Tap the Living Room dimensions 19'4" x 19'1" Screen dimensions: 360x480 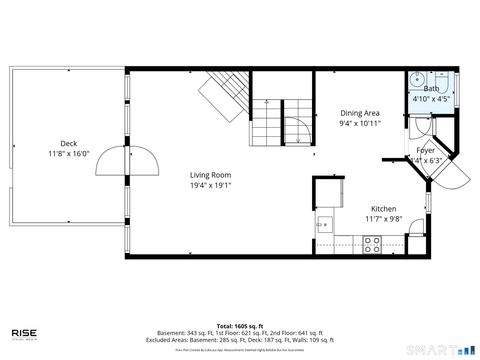[x=211, y=185]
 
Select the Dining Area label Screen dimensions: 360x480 [x=359, y=114]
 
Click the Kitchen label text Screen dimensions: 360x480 [x=383, y=208]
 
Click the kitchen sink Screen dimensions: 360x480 [x=322, y=223]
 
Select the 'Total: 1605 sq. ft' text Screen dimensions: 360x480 [x=239, y=327]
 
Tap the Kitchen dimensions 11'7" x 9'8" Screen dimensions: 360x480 [x=383, y=218]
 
